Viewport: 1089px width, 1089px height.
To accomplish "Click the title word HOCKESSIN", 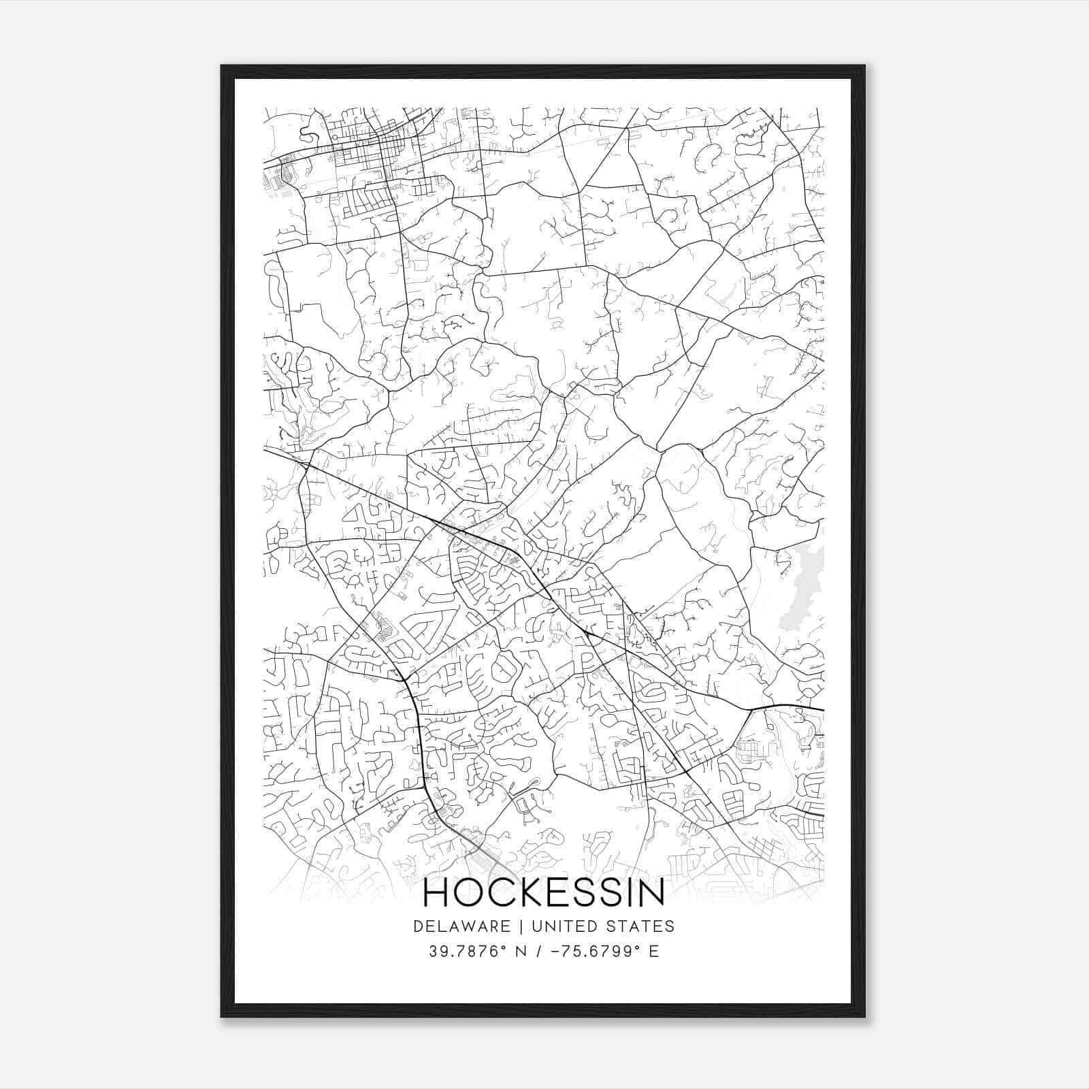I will pos(544,893).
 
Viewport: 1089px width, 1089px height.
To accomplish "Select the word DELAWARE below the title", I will pos(461,926).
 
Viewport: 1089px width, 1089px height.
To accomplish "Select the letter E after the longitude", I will pos(653,952).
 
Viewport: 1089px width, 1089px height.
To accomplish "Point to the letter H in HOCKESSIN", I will pos(436,893).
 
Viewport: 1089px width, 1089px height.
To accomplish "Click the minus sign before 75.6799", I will pos(557,952).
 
